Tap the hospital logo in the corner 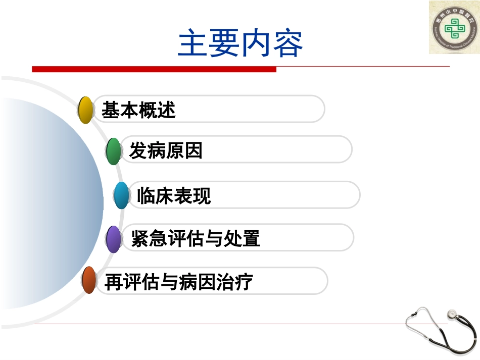[x=454, y=27]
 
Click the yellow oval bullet [x=86, y=110]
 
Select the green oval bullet [x=114, y=150]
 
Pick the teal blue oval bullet [x=121, y=195]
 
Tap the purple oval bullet [x=114, y=239]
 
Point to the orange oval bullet [x=89, y=281]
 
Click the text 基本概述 [x=138, y=110]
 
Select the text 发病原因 [x=166, y=150]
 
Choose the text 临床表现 [x=174, y=196]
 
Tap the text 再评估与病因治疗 [x=178, y=282]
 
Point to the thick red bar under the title [x=154, y=69]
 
